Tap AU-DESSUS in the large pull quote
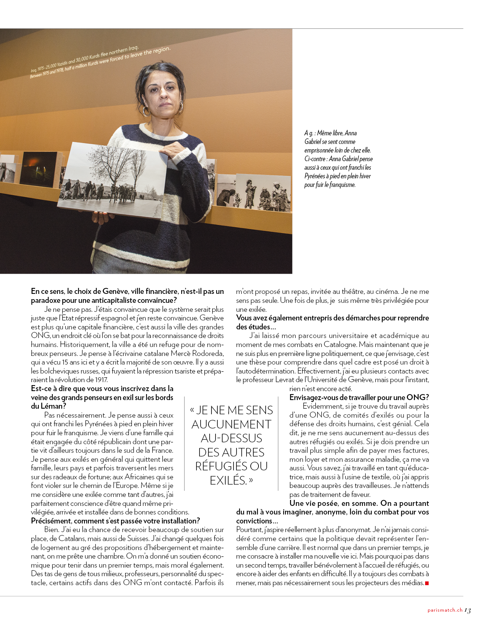coord(232,438)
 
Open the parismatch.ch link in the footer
coord(445,610)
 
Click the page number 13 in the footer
coord(467,611)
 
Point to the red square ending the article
coord(427,583)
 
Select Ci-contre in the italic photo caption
coord(316,159)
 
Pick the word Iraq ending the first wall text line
coord(133,49)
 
